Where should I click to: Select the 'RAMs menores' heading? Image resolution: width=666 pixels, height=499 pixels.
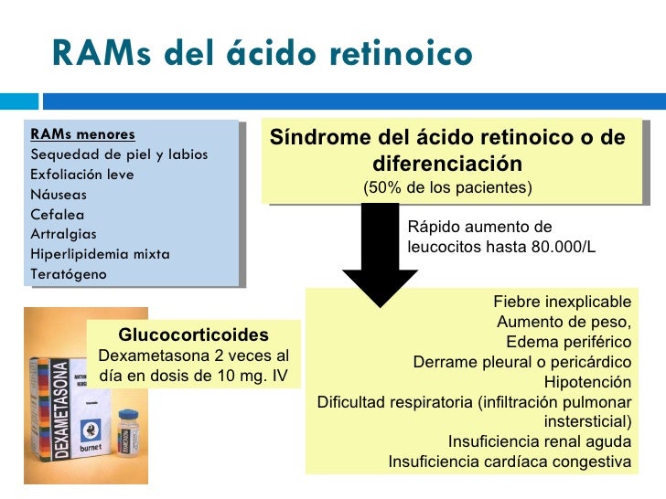(82, 133)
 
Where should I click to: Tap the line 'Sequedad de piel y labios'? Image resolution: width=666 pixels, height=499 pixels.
(119, 154)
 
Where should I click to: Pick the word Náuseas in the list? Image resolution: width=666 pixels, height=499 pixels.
(59, 194)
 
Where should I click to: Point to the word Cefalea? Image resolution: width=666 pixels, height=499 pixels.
(58, 214)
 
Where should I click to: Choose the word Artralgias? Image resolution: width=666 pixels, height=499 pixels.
(63, 234)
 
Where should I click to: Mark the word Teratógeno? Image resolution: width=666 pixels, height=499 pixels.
(68, 274)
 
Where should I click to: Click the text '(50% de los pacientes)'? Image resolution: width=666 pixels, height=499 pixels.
(447, 188)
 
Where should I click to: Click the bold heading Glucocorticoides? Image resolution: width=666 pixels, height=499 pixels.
(193, 334)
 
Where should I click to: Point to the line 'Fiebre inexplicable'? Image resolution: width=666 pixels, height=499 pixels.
(562, 302)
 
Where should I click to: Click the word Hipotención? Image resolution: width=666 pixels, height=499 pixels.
(587, 382)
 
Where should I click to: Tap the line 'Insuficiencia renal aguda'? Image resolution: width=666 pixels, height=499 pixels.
(540, 441)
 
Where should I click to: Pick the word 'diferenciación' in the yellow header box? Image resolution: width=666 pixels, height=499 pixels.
(447, 164)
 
